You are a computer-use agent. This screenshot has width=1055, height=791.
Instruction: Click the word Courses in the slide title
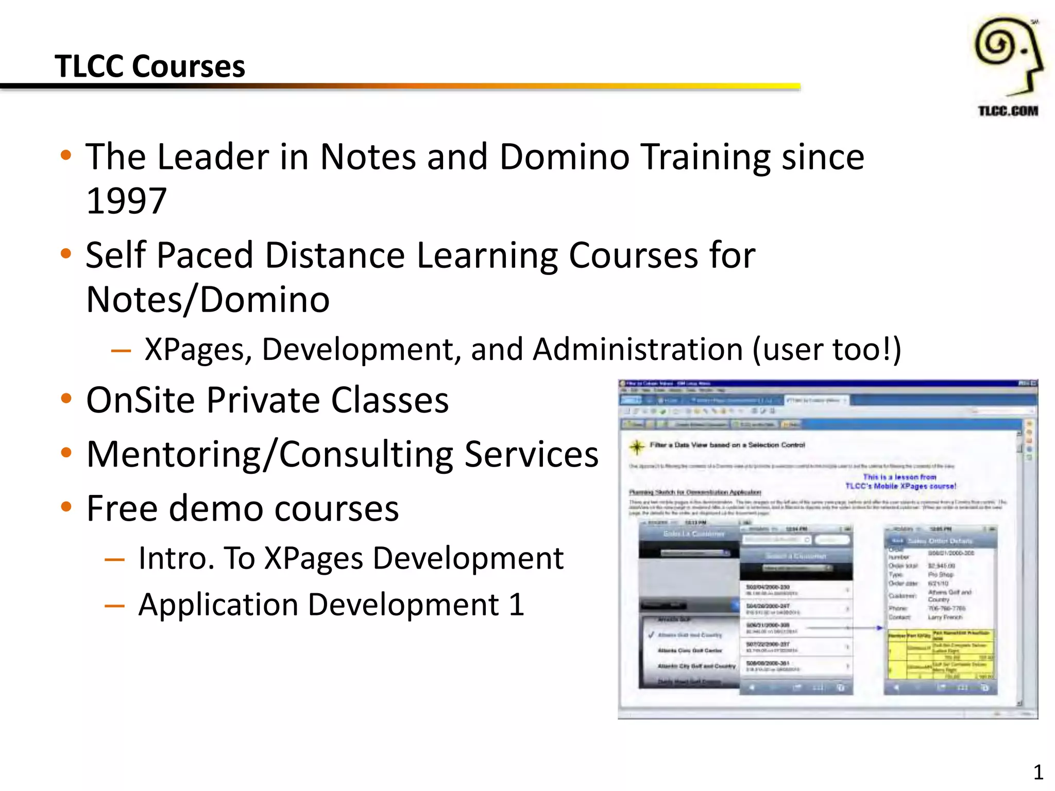(189, 66)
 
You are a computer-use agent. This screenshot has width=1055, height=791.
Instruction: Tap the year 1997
(126, 200)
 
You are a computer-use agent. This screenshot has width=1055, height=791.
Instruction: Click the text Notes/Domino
(208, 299)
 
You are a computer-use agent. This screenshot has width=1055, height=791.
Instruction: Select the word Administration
(638, 349)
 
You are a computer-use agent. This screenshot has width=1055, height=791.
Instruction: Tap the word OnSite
(144, 400)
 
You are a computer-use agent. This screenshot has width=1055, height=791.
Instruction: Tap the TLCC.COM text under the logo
(1008, 111)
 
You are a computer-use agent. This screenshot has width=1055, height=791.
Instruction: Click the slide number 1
(1038, 772)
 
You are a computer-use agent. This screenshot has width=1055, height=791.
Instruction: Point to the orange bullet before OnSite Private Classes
(66, 399)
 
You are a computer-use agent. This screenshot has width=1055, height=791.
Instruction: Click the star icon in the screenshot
(637, 446)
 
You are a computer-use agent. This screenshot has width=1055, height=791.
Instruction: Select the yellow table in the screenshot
(941, 655)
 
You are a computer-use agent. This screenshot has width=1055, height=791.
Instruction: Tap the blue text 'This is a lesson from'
(899, 477)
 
